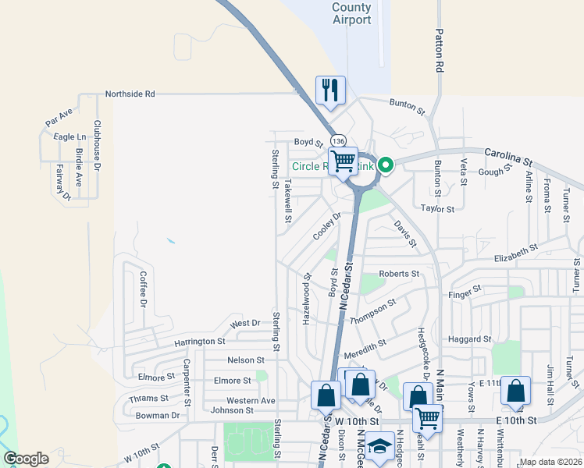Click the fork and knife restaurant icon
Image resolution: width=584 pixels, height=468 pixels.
pos(330,90)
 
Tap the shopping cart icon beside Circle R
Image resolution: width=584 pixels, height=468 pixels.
pos(343,161)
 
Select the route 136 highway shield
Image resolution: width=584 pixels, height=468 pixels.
pos(337,140)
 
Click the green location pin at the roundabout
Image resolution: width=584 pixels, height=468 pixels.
pos(385,165)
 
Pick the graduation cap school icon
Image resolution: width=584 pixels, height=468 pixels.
pos(379,447)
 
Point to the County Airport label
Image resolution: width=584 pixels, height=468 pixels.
pos(351,13)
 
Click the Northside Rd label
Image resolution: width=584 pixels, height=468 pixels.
pos(130,94)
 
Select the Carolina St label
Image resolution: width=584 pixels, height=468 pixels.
pos(508,156)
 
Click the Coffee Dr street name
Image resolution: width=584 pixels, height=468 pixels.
pos(143,287)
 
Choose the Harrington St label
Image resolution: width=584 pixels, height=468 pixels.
pos(199,342)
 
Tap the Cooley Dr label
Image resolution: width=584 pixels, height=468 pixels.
pos(328,226)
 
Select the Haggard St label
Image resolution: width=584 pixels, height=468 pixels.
pos(469,339)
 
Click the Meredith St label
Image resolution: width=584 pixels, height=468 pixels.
pos(365,343)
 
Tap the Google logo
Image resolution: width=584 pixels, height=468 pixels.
pos(26,459)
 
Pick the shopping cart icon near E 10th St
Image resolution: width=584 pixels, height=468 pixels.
pos(427,419)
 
